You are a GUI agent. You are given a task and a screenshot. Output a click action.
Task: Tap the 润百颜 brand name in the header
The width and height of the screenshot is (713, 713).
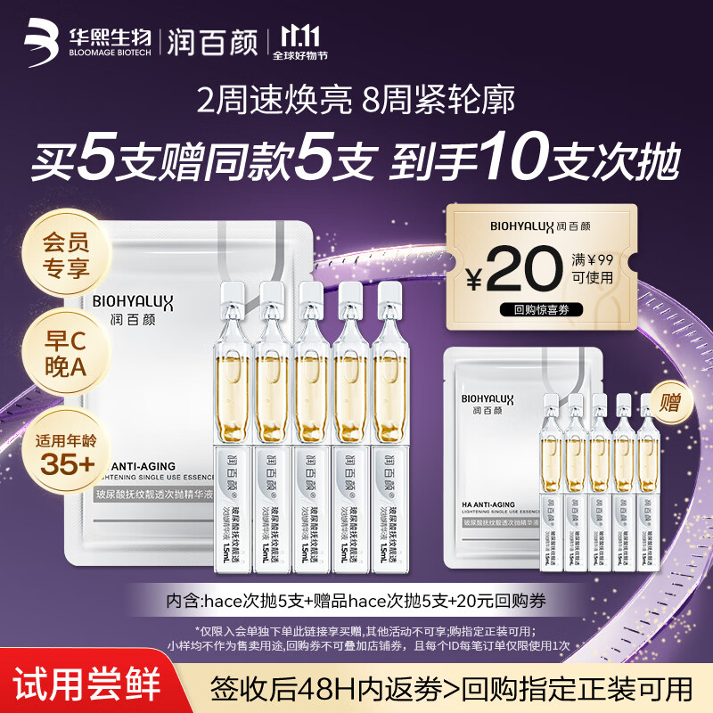point(213,41)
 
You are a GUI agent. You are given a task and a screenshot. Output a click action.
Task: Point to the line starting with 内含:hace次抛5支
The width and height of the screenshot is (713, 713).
point(356,600)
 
